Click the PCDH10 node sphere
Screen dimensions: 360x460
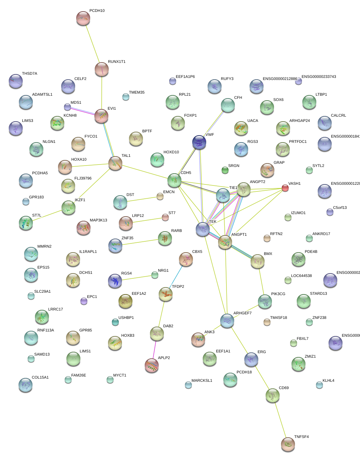point(83,18)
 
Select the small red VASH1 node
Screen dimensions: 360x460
point(285,188)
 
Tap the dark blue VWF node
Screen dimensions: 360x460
point(199,142)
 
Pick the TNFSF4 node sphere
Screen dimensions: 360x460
point(288,444)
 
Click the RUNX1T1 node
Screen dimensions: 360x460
point(102,69)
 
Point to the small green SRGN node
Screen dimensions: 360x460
point(225,170)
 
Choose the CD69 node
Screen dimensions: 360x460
point(273,395)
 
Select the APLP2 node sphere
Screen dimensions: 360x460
point(152,365)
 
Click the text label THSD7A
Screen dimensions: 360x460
point(30,74)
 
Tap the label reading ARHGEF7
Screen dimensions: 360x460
point(243,313)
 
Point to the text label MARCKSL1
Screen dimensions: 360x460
point(202,381)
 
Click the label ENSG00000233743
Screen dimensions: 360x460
point(319,77)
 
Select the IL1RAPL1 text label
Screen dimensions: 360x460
point(88,252)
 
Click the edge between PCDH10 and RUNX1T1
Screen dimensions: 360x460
point(93,44)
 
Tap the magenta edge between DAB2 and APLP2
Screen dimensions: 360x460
point(154,349)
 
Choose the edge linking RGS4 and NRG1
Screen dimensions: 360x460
point(136,278)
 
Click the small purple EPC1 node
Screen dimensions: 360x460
point(84,301)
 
